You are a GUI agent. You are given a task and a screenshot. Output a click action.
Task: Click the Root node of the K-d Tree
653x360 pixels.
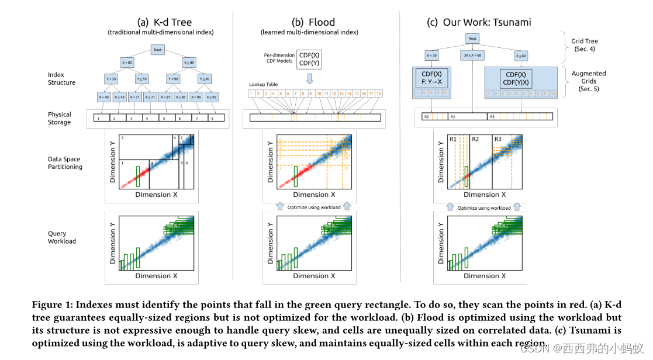(157, 50)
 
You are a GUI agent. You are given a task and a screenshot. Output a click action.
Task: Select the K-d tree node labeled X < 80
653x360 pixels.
(126, 62)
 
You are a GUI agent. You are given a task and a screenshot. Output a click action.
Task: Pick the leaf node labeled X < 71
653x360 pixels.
(134, 97)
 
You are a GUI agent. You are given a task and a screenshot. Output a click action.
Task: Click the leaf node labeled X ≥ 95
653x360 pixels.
(212, 97)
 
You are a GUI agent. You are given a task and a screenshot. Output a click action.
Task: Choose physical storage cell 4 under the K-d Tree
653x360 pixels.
(147, 118)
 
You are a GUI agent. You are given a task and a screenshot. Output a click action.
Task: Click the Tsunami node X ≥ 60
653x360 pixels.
(520, 56)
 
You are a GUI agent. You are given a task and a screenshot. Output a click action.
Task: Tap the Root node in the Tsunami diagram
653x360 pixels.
(473, 39)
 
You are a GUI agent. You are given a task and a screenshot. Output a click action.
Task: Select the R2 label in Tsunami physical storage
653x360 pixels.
(452, 117)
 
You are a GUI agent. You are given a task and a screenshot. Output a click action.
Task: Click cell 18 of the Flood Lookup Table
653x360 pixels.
(379, 94)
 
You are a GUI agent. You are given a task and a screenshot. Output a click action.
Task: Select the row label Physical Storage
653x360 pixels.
(60, 118)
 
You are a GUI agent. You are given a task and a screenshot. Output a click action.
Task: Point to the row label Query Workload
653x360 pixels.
(61, 237)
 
